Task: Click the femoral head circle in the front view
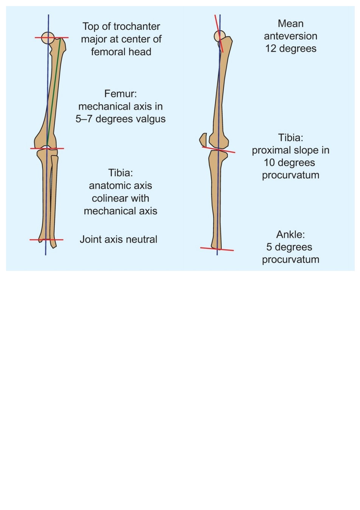click(x=48, y=38)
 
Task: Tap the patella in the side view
click(x=203, y=139)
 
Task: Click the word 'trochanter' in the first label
click(x=137, y=27)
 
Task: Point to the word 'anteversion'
click(x=290, y=36)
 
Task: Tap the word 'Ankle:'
click(x=290, y=235)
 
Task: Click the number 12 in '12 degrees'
click(x=271, y=49)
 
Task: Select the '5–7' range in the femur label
click(x=84, y=119)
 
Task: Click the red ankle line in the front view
click(x=46, y=240)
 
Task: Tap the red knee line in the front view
click(x=47, y=148)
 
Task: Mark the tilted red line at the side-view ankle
click(x=217, y=249)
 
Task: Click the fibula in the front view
click(x=54, y=201)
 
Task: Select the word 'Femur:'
click(x=121, y=94)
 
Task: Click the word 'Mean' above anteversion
click(x=290, y=24)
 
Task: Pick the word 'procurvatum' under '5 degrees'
click(x=290, y=260)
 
